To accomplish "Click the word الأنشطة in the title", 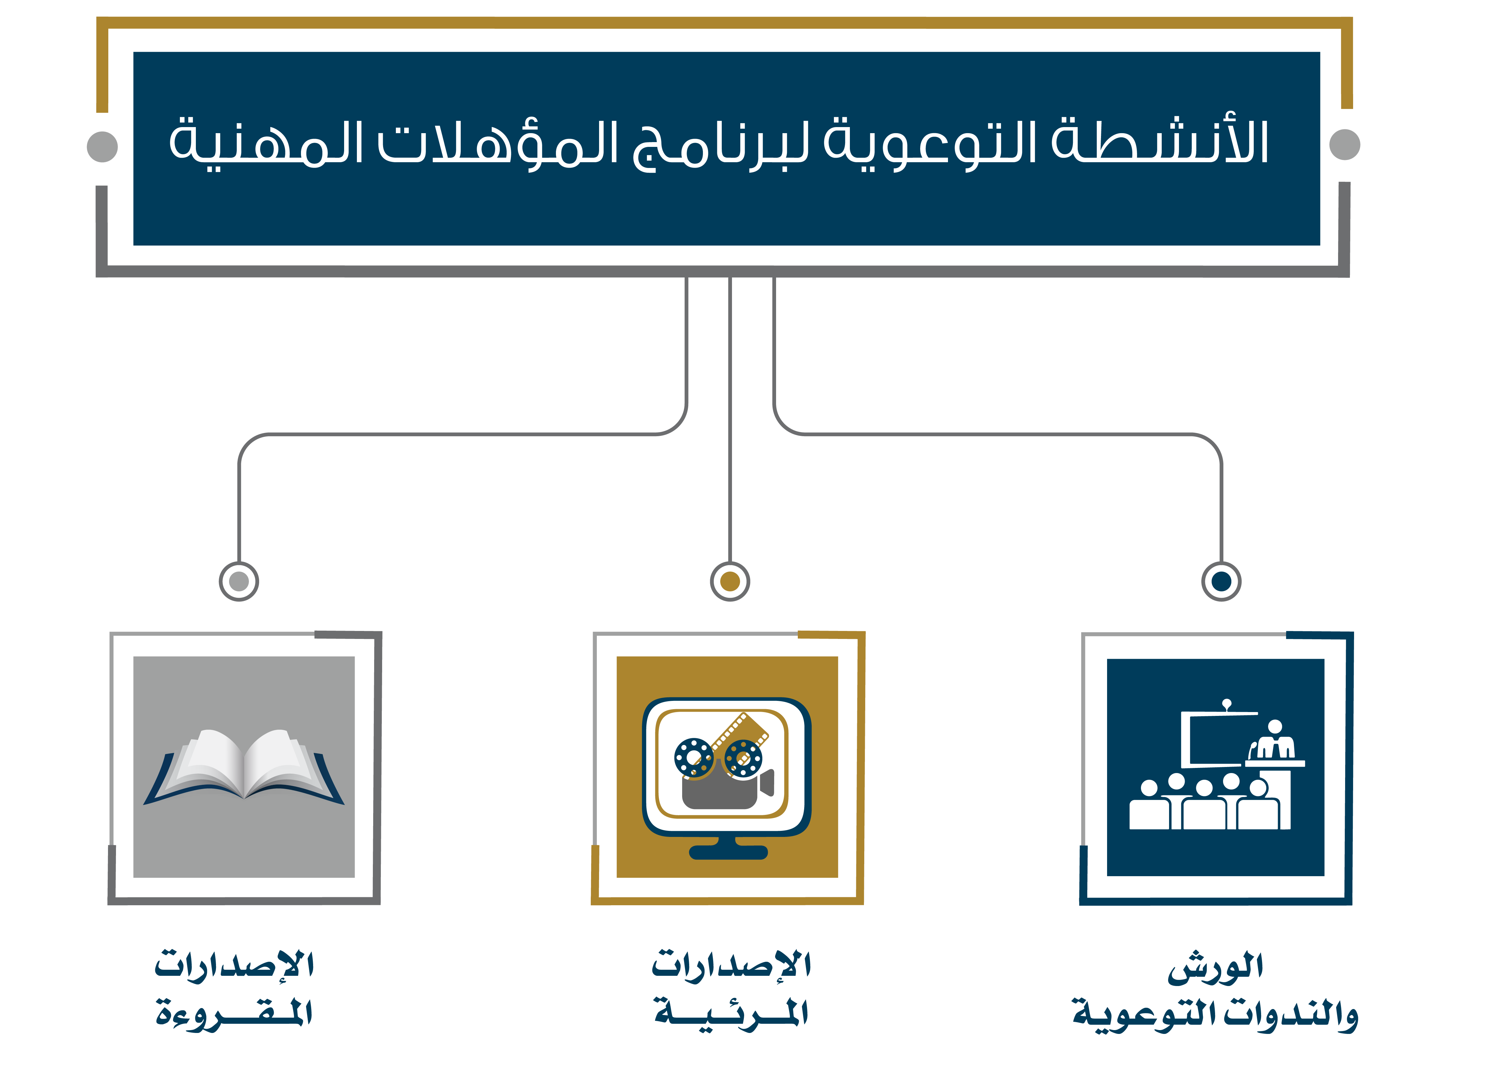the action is (1159, 141).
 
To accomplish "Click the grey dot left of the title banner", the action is (102, 146).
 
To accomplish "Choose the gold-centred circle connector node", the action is (730, 581).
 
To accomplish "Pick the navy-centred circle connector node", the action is (1221, 581).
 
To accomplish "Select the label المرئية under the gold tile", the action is (731, 1013).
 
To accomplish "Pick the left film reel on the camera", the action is (694, 757).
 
